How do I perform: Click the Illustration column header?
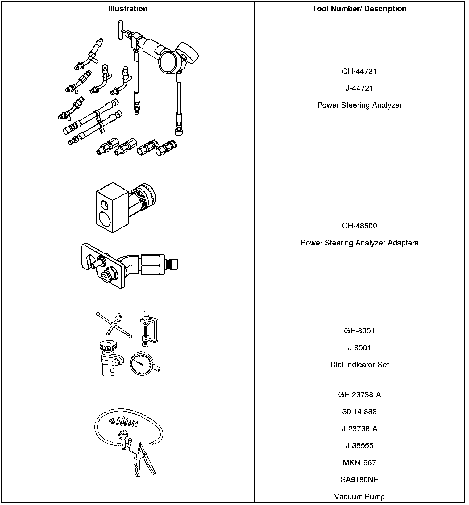[x=128, y=9]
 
